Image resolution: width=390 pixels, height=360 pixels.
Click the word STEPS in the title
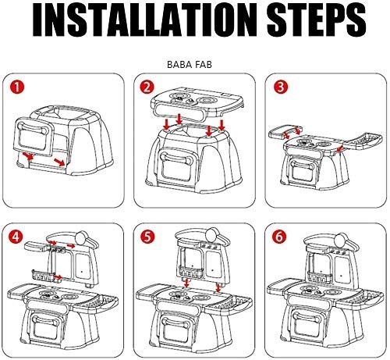317,20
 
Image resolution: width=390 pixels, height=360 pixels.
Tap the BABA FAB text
190,65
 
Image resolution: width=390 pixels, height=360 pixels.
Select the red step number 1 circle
17,87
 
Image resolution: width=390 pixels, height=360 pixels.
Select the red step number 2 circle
147,87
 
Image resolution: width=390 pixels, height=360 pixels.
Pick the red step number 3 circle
281,87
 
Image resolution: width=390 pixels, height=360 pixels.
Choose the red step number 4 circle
16,237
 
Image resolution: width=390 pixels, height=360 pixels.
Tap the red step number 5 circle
147,237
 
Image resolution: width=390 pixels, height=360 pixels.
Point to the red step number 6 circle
279,237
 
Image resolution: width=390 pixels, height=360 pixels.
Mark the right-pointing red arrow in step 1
59,162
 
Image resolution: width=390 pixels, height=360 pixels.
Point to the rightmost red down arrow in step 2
222,125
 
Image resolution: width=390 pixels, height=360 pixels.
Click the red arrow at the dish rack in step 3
340,148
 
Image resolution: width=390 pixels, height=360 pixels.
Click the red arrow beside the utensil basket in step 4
58,277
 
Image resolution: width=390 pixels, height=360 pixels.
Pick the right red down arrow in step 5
218,287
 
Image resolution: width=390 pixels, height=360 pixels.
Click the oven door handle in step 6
307,316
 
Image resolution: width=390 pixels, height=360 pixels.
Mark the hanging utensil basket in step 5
190,272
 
